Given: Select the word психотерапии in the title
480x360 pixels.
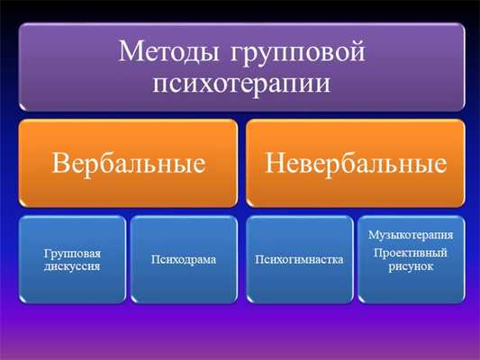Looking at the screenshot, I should tap(239, 84).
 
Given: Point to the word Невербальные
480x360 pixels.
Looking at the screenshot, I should tap(356, 164).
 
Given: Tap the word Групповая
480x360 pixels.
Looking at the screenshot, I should tap(70, 254).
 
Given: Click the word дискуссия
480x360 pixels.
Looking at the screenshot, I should tap(70, 266).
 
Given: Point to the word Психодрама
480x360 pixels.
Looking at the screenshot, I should tap(184, 260).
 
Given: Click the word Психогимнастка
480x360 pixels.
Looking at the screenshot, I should tap(299, 260).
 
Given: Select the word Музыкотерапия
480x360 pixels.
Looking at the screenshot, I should tap(411, 235).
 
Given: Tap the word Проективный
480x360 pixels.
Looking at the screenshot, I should tap(411, 253).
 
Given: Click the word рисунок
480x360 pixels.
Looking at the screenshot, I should tap(411, 266).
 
